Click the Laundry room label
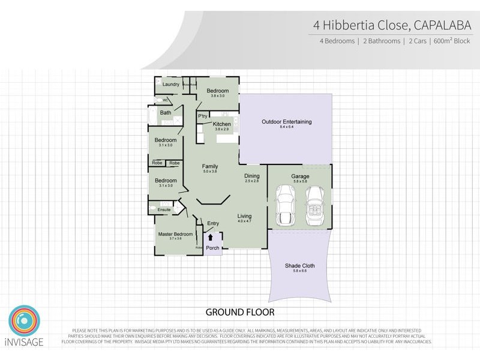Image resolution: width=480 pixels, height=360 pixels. (x=170, y=85)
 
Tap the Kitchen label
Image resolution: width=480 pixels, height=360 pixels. (x=222, y=124)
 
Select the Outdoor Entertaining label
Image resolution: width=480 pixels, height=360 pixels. (x=286, y=122)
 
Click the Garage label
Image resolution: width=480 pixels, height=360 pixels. (x=300, y=176)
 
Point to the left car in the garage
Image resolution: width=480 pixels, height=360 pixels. (x=284, y=205)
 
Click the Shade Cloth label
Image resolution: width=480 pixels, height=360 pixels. (x=300, y=266)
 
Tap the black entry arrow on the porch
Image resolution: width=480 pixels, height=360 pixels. (x=210, y=238)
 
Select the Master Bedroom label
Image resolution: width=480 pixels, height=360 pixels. (x=175, y=234)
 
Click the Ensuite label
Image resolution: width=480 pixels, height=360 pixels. (x=164, y=209)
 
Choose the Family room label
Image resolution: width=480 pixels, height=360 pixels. (x=209, y=167)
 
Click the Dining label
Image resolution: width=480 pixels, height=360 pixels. (x=252, y=176)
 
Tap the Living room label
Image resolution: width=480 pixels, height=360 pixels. (x=244, y=216)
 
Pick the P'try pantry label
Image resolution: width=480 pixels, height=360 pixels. (x=203, y=116)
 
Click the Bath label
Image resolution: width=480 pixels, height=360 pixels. (x=166, y=112)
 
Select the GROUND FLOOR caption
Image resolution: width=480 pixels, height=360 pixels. (x=240, y=312)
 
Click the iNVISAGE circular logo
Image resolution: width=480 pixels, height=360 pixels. (x=24, y=322)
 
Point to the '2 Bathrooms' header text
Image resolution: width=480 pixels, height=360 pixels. (x=381, y=41)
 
